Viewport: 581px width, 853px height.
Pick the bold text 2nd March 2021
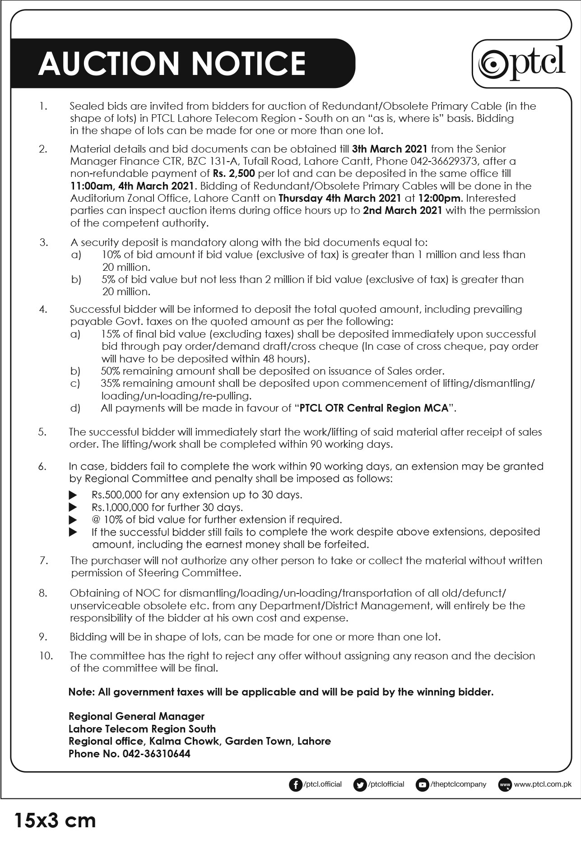pos(402,210)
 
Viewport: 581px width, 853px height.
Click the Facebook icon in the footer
pos(295,785)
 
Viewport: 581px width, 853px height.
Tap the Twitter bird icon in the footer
pos(359,785)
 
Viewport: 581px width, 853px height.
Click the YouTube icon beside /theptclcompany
pos(422,785)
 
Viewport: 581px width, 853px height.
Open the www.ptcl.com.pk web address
pos(542,784)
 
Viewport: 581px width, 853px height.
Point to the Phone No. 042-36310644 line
pos(129,754)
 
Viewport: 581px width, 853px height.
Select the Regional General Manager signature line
pos(136,716)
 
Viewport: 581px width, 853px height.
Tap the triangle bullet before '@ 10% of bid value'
pos(73,519)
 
